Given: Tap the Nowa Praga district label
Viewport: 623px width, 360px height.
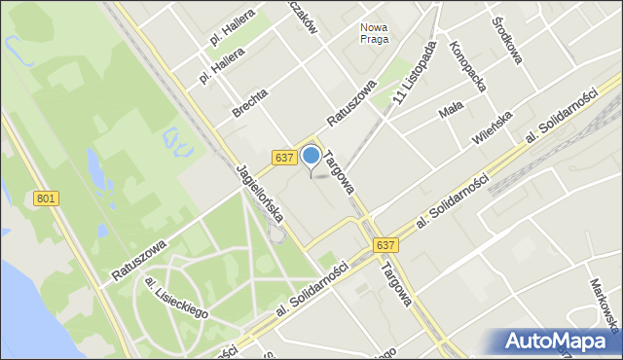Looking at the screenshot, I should click(374, 33).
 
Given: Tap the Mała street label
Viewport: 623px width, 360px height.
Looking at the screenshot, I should click(451, 113).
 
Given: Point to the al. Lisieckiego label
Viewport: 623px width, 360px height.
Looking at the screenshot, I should click(177, 297).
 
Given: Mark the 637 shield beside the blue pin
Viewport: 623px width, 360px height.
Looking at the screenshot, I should click(283, 158).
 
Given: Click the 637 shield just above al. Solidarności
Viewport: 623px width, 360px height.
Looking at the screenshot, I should click(386, 245).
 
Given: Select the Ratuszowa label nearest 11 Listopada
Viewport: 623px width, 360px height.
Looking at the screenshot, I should click(351, 108).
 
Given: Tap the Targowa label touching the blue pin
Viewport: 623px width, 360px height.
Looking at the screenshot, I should click(338, 170).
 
